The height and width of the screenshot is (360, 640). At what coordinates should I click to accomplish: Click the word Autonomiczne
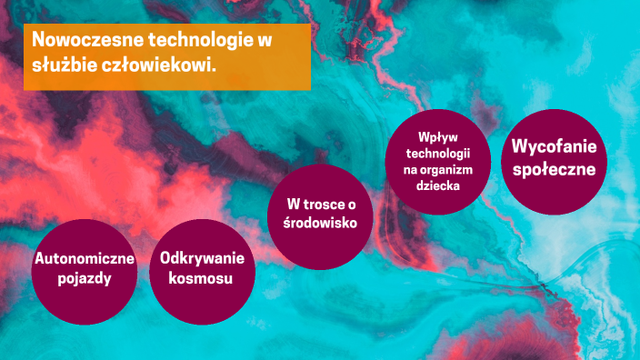[x=84, y=259]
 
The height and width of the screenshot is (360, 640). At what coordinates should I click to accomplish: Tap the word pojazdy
[x=84, y=278]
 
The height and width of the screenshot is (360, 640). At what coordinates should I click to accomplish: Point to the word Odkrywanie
[x=201, y=258]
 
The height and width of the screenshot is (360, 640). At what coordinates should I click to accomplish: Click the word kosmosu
[x=201, y=278]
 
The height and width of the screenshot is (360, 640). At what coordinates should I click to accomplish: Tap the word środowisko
[x=321, y=222]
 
